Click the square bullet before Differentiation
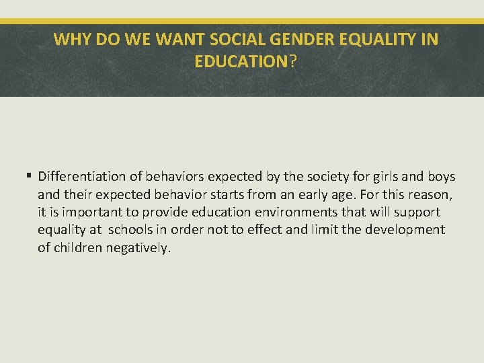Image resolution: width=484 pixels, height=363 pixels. [29, 177]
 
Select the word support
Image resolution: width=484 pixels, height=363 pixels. [416, 212]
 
